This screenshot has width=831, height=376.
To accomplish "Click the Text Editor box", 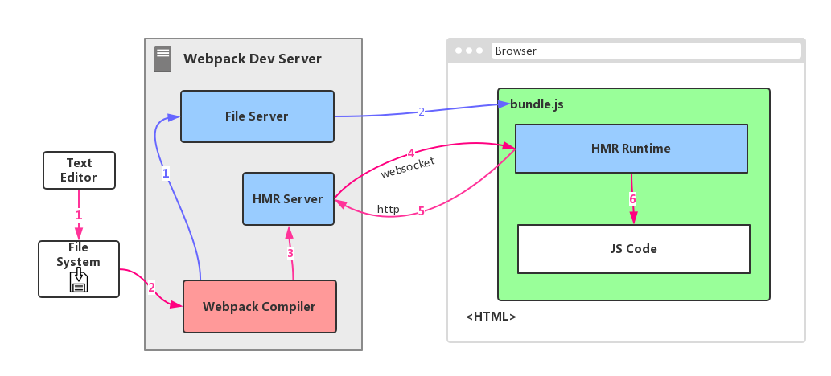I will [79, 170].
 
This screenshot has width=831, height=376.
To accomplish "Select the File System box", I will [79, 268].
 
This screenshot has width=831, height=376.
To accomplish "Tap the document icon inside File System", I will [79, 280].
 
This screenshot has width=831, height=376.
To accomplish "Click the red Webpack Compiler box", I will [259, 306].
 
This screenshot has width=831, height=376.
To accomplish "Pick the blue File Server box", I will [257, 116].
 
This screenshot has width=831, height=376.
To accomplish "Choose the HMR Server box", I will [288, 199].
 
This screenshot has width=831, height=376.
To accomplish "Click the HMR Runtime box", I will [631, 149].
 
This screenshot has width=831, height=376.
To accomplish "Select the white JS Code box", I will [633, 248].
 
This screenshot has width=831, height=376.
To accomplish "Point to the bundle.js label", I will [531, 104].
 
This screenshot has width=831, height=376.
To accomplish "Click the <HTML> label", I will [491, 317].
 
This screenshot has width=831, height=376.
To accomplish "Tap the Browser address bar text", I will [516, 51].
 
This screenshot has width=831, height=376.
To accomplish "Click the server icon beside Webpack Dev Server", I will [162, 59].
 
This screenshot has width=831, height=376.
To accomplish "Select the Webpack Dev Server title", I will [252, 59].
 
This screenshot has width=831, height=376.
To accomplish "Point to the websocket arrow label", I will [408, 167].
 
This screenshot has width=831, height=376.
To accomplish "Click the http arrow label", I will [389, 209].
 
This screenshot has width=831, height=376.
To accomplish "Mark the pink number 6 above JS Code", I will [632, 199].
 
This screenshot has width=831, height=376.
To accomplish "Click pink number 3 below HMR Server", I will [290, 253].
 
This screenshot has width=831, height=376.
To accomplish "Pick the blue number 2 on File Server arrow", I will [421, 112].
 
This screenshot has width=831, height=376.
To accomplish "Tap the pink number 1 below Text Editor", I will [79, 215].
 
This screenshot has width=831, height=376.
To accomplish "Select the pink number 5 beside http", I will [421, 211].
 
